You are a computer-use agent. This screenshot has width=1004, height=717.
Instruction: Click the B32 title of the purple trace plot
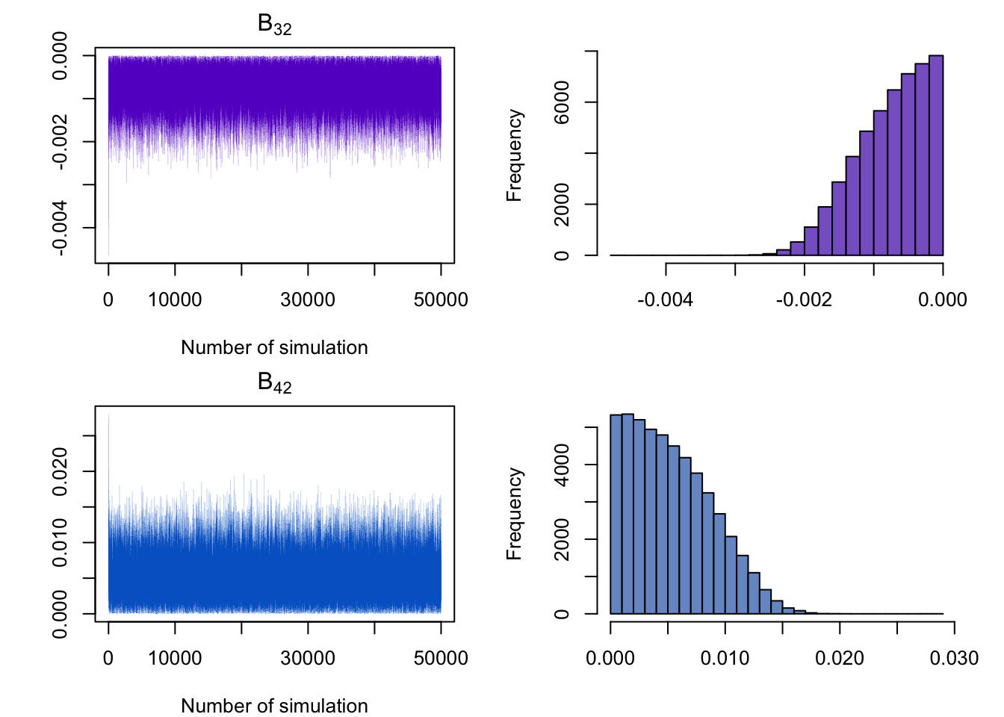click(274, 25)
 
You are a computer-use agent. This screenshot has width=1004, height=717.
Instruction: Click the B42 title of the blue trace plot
click(274, 383)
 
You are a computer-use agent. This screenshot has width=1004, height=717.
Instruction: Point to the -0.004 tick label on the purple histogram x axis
click(665, 300)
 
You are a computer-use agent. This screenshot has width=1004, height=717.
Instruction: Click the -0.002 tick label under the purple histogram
click(804, 300)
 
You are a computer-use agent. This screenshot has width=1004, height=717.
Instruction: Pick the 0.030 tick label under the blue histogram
click(954, 659)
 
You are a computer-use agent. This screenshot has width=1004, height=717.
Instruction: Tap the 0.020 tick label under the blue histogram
click(840, 659)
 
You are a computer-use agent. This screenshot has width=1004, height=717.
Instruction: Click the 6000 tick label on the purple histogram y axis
click(562, 102)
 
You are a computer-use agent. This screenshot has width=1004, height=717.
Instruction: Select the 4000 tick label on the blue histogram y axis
click(562, 465)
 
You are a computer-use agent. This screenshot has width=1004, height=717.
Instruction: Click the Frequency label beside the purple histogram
click(514, 155)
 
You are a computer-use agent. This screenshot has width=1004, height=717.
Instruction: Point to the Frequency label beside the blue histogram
click(514, 514)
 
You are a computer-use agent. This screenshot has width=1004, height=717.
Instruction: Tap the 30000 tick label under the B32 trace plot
click(308, 300)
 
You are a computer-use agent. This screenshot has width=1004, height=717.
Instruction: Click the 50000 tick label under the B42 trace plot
click(441, 659)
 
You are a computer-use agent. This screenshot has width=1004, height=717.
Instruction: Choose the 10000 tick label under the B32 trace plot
click(175, 300)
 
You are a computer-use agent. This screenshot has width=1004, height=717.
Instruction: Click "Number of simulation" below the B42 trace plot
click(274, 706)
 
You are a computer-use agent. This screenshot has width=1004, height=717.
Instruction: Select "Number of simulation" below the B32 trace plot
click(274, 347)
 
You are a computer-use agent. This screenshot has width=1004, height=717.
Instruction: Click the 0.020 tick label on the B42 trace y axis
click(60, 471)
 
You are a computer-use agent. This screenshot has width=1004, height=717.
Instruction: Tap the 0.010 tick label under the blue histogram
click(725, 659)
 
